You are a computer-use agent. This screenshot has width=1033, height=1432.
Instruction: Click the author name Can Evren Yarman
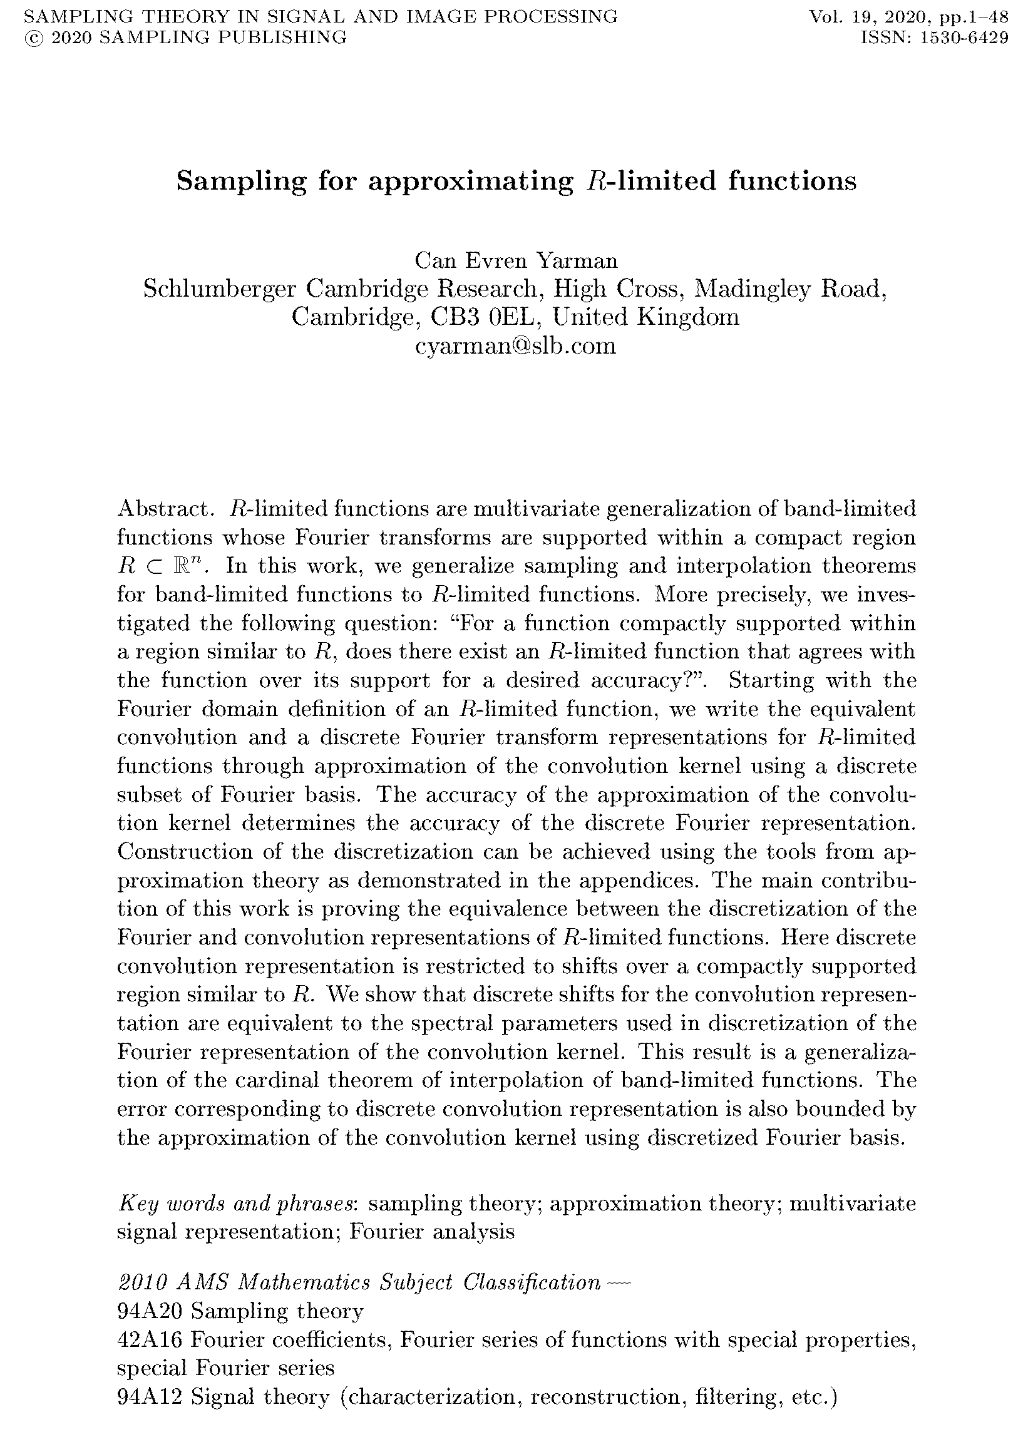click(x=515, y=260)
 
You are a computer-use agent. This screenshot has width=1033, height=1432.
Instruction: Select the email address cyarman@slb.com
click(x=515, y=345)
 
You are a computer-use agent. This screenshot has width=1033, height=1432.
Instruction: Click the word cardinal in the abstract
click(x=276, y=1080)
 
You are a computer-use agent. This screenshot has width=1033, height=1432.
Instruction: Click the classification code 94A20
click(x=150, y=1311)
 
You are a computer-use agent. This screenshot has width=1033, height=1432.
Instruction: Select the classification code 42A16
click(x=150, y=1339)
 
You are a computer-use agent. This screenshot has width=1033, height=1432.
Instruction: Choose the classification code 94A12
click(x=150, y=1397)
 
